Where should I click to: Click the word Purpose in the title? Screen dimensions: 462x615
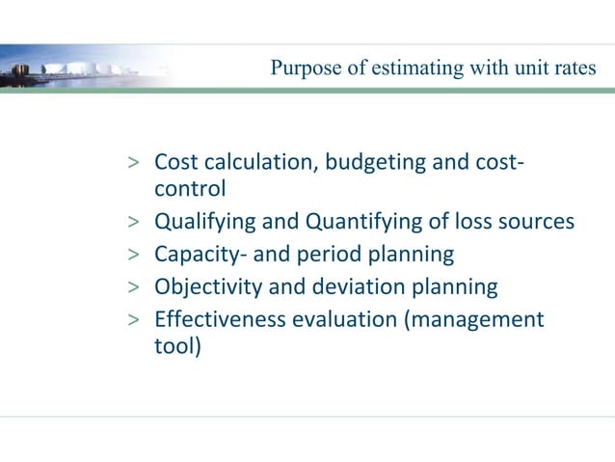click(x=302, y=68)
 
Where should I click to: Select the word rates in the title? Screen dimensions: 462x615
click(x=575, y=68)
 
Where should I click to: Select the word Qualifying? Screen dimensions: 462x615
click(x=205, y=223)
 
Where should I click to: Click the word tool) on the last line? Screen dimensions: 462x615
click(x=178, y=346)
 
